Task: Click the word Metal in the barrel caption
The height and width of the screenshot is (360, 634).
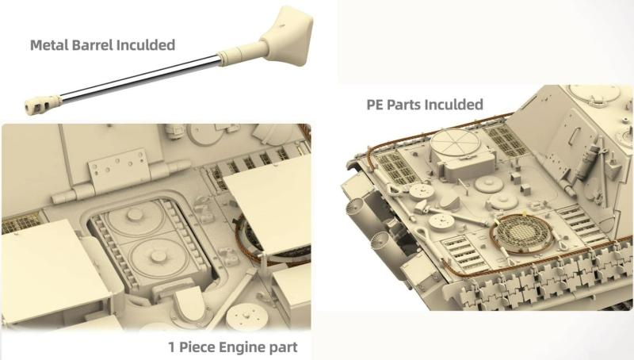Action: (x=49, y=45)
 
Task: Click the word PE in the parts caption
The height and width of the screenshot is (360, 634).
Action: (x=375, y=105)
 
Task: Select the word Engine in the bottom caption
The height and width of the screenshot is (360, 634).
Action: (x=243, y=347)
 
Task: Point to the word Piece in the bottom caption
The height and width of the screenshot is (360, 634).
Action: (x=197, y=347)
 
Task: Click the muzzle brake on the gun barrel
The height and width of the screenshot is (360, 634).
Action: (x=43, y=105)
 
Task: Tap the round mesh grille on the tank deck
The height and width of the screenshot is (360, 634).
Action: (x=521, y=233)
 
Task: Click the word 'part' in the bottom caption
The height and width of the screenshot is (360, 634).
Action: (x=285, y=348)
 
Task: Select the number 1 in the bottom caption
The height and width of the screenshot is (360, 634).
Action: (x=172, y=347)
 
